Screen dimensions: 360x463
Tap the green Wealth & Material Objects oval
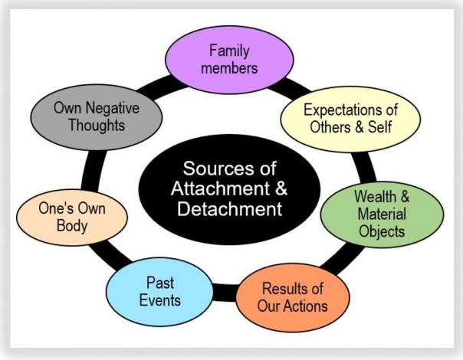tap(380, 214)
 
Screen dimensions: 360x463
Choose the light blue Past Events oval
tap(160, 290)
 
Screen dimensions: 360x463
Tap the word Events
tap(160, 299)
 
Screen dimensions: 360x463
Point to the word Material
tap(380, 214)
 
